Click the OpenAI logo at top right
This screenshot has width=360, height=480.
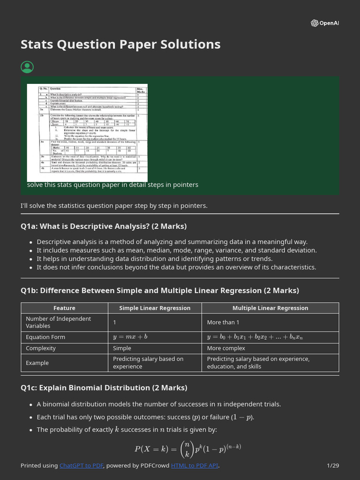(324, 23)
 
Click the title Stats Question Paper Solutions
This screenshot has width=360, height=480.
(120, 44)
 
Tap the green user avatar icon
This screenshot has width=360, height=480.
(27, 67)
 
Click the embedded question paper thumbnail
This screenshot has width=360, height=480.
(87, 133)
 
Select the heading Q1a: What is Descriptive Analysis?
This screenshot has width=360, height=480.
(103, 226)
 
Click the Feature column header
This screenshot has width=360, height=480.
(64, 308)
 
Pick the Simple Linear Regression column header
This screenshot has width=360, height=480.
(155, 308)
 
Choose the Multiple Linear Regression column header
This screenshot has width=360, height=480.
(270, 308)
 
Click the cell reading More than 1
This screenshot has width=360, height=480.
(223, 322)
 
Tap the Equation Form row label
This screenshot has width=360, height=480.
(45, 337)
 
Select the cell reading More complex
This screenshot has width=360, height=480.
(226, 348)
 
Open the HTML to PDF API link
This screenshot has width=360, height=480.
(195, 465)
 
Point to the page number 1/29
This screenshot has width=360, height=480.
(333, 465)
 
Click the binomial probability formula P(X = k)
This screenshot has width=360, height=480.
(187, 449)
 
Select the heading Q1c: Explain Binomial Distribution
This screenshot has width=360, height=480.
(104, 388)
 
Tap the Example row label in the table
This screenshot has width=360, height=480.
(37, 363)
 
